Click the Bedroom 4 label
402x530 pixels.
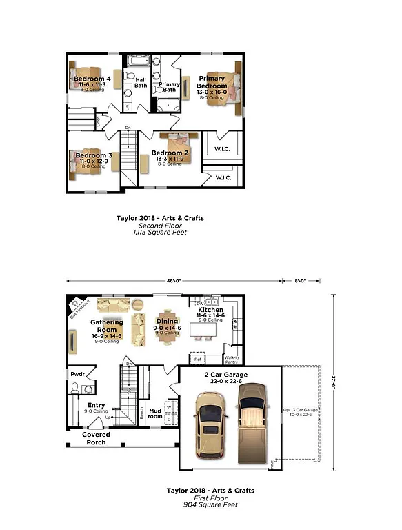point(88,79)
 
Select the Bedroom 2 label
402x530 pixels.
point(170,153)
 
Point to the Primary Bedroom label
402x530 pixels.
point(212,83)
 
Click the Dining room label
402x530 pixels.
point(168,321)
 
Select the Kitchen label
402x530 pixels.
point(210,311)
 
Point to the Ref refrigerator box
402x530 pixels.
point(197,359)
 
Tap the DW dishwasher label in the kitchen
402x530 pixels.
point(200,303)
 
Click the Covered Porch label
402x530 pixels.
point(96,438)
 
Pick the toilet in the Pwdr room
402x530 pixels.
point(74,388)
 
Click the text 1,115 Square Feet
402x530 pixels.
point(160,233)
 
